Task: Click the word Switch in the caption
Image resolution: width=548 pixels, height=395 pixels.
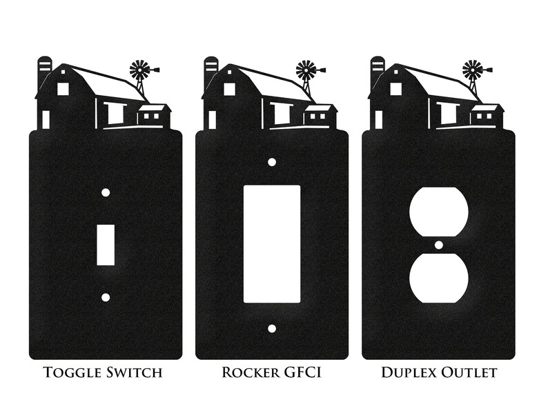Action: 134,372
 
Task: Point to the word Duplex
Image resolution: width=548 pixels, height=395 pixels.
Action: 409,372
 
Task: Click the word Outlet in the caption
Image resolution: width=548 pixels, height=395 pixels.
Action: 469,372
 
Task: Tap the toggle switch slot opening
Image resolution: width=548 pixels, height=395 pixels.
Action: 106,245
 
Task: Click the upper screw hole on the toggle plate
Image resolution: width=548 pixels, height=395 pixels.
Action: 106,192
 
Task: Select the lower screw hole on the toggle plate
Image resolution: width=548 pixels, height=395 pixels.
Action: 106,297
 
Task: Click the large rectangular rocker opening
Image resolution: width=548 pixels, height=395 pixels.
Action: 271,244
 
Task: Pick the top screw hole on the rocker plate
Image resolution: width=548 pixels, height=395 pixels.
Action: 272,162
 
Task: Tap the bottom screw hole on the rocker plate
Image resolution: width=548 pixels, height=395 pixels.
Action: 272,328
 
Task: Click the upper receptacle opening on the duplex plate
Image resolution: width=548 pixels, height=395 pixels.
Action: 439,212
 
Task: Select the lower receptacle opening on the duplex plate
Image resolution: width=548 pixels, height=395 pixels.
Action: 439,278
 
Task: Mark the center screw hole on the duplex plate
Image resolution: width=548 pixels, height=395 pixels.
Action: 439,245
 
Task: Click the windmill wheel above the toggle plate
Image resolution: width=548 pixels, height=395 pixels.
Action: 139,70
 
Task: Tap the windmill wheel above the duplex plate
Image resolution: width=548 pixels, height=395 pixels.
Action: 472,70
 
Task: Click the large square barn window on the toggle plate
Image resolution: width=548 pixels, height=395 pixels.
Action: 63,89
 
